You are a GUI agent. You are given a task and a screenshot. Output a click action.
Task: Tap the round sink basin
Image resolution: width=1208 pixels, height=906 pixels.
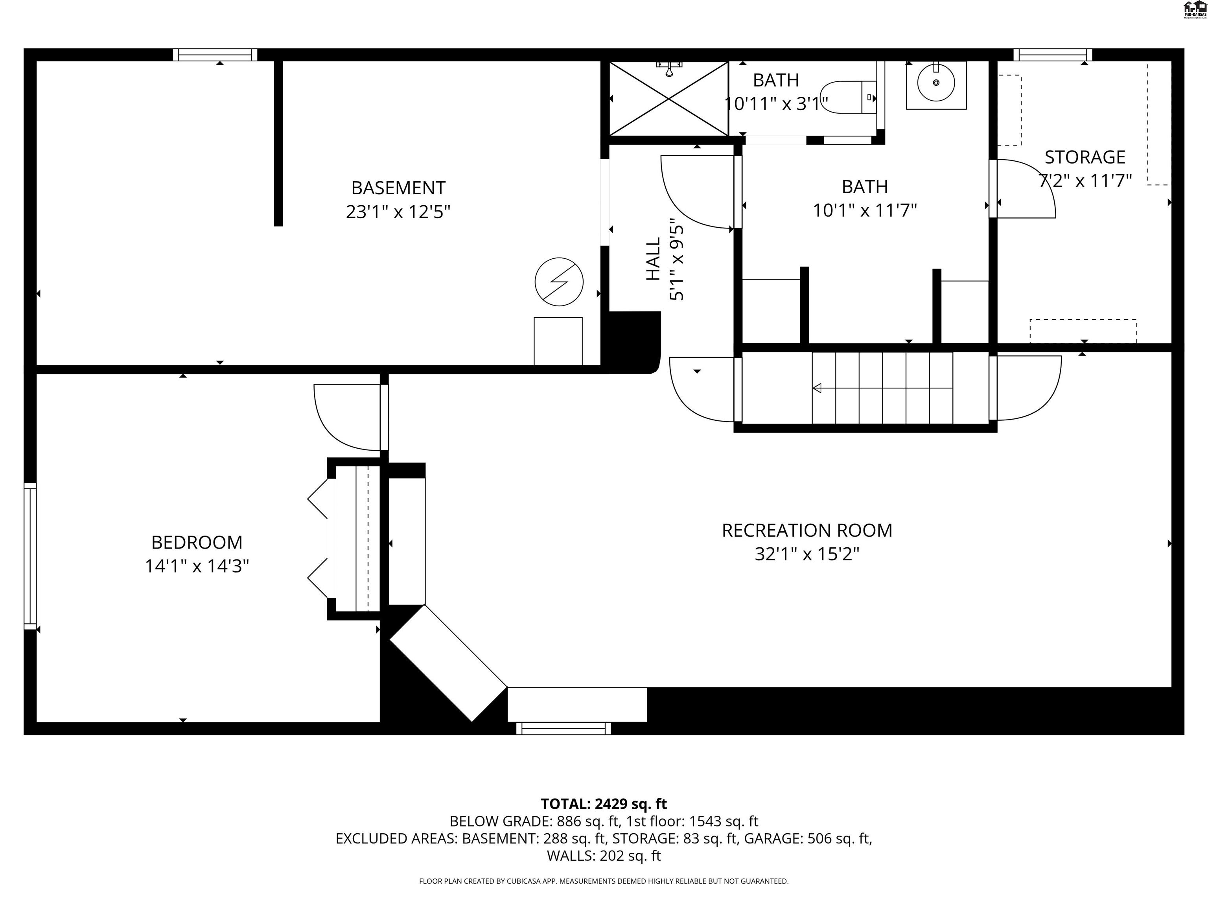pos(936,83)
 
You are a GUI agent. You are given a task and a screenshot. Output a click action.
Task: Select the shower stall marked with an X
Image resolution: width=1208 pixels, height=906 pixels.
pos(668,99)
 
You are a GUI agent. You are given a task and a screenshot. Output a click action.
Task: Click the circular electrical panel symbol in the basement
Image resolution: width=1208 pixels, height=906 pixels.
pos(559,282)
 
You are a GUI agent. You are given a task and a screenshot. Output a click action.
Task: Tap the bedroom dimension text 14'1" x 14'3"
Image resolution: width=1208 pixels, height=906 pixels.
pos(197,566)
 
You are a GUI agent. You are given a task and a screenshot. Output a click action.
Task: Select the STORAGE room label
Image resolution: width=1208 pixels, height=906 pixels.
pos(1085,157)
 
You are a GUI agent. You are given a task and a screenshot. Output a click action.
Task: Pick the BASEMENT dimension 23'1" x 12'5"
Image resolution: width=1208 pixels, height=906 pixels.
pos(398,211)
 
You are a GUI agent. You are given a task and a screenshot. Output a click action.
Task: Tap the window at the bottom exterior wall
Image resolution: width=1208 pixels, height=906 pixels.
pos(563,728)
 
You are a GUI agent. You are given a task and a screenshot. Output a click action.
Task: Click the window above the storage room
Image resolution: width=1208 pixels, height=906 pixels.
pos(1052,55)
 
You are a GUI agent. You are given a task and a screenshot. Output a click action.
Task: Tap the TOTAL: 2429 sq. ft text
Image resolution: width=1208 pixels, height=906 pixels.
pos(604,804)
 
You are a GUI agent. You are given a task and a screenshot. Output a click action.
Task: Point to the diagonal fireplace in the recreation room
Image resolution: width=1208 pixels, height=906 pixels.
pos(448,663)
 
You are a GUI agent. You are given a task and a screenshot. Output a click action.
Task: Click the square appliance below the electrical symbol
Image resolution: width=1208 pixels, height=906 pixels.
pos(558,341)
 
